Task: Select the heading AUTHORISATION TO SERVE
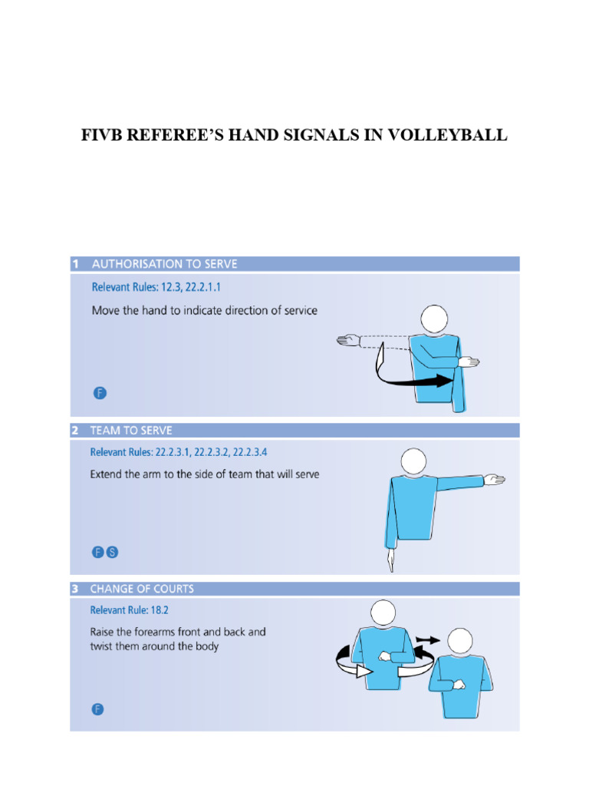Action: point(164,264)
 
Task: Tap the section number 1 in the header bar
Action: point(75,264)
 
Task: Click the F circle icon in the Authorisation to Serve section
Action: point(100,393)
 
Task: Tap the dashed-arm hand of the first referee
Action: point(348,338)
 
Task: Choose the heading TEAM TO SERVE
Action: point(131,431)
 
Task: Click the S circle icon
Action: point(112,552)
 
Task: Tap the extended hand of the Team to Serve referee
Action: point(495,481)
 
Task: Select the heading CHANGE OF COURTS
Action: point(142,589)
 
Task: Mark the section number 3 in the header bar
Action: point(75,589)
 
